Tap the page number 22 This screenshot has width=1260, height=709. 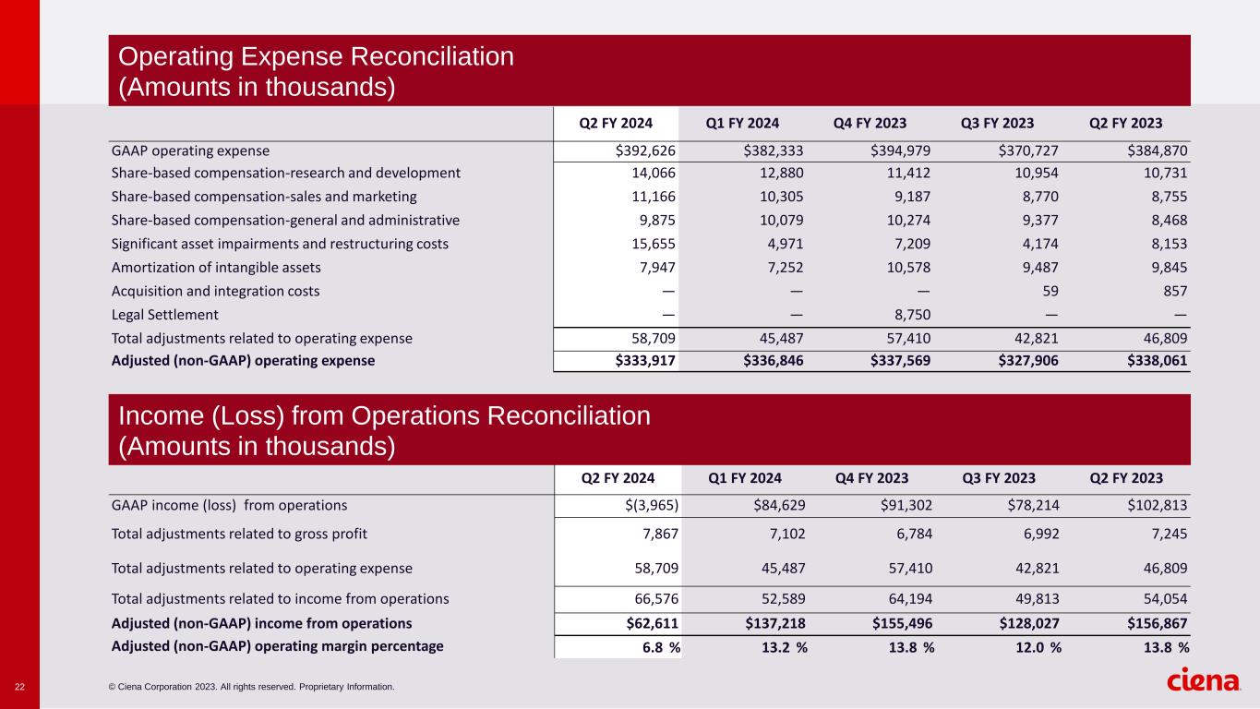[x=19, y=687]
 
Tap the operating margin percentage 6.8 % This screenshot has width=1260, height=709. [x=661, y=647]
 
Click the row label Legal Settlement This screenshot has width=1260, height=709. [x=164, y=315]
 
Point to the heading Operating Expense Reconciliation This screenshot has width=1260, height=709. [x=316, y=56]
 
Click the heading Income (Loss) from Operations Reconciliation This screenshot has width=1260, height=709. [x=384, y=416]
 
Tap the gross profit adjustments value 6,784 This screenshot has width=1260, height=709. [x=912, y=533]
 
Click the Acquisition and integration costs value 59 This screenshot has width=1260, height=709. [x=1050, y=291]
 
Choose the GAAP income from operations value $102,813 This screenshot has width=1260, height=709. [x=1153, y=505]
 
